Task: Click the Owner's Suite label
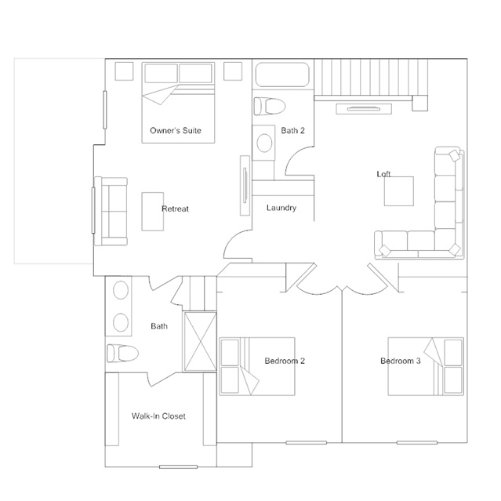(x=176, y=130)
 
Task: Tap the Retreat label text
(x=175, y=209)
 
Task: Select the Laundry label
(x=281, y=208)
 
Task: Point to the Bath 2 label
(x=292, y=130)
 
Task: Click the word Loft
(x=383, y=174)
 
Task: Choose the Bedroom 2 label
(x=285, y=361)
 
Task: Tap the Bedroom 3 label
(x=401, y=361)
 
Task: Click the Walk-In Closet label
(x=158, y=416)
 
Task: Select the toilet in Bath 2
(x=270, y=107)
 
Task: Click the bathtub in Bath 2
(x=282, y=74)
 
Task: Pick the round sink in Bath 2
(x=264, y=143)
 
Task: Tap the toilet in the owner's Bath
(x=122, y=353)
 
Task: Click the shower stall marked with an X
(x=201, y=342)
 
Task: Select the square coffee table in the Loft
(x=399, y=191)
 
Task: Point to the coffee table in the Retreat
(x=153, y=211)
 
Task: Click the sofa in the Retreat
(x=111, y=211)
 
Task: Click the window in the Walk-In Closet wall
(x=178, y=467)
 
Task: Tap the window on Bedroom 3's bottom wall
(x=417, y=442)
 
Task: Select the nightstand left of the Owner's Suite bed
(x=124, y=71)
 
